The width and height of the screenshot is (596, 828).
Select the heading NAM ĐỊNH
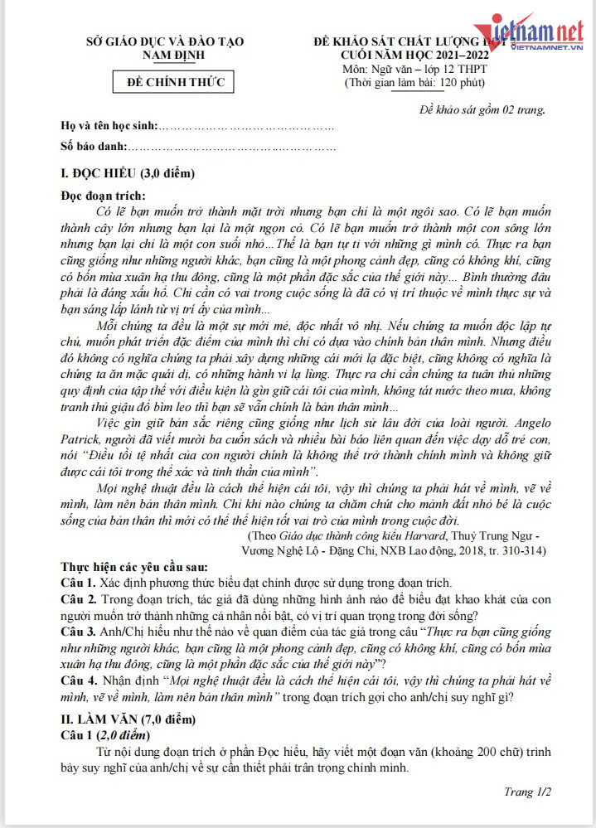point(172,55)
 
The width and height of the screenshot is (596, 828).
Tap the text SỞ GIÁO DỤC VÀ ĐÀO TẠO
point(172,41)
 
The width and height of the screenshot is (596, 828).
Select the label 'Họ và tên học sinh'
point(109,127)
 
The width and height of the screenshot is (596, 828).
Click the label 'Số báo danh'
point(94,147)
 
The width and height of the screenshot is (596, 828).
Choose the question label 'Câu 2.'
point(80,598)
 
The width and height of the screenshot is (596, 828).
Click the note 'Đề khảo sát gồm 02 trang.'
point(482,109)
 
